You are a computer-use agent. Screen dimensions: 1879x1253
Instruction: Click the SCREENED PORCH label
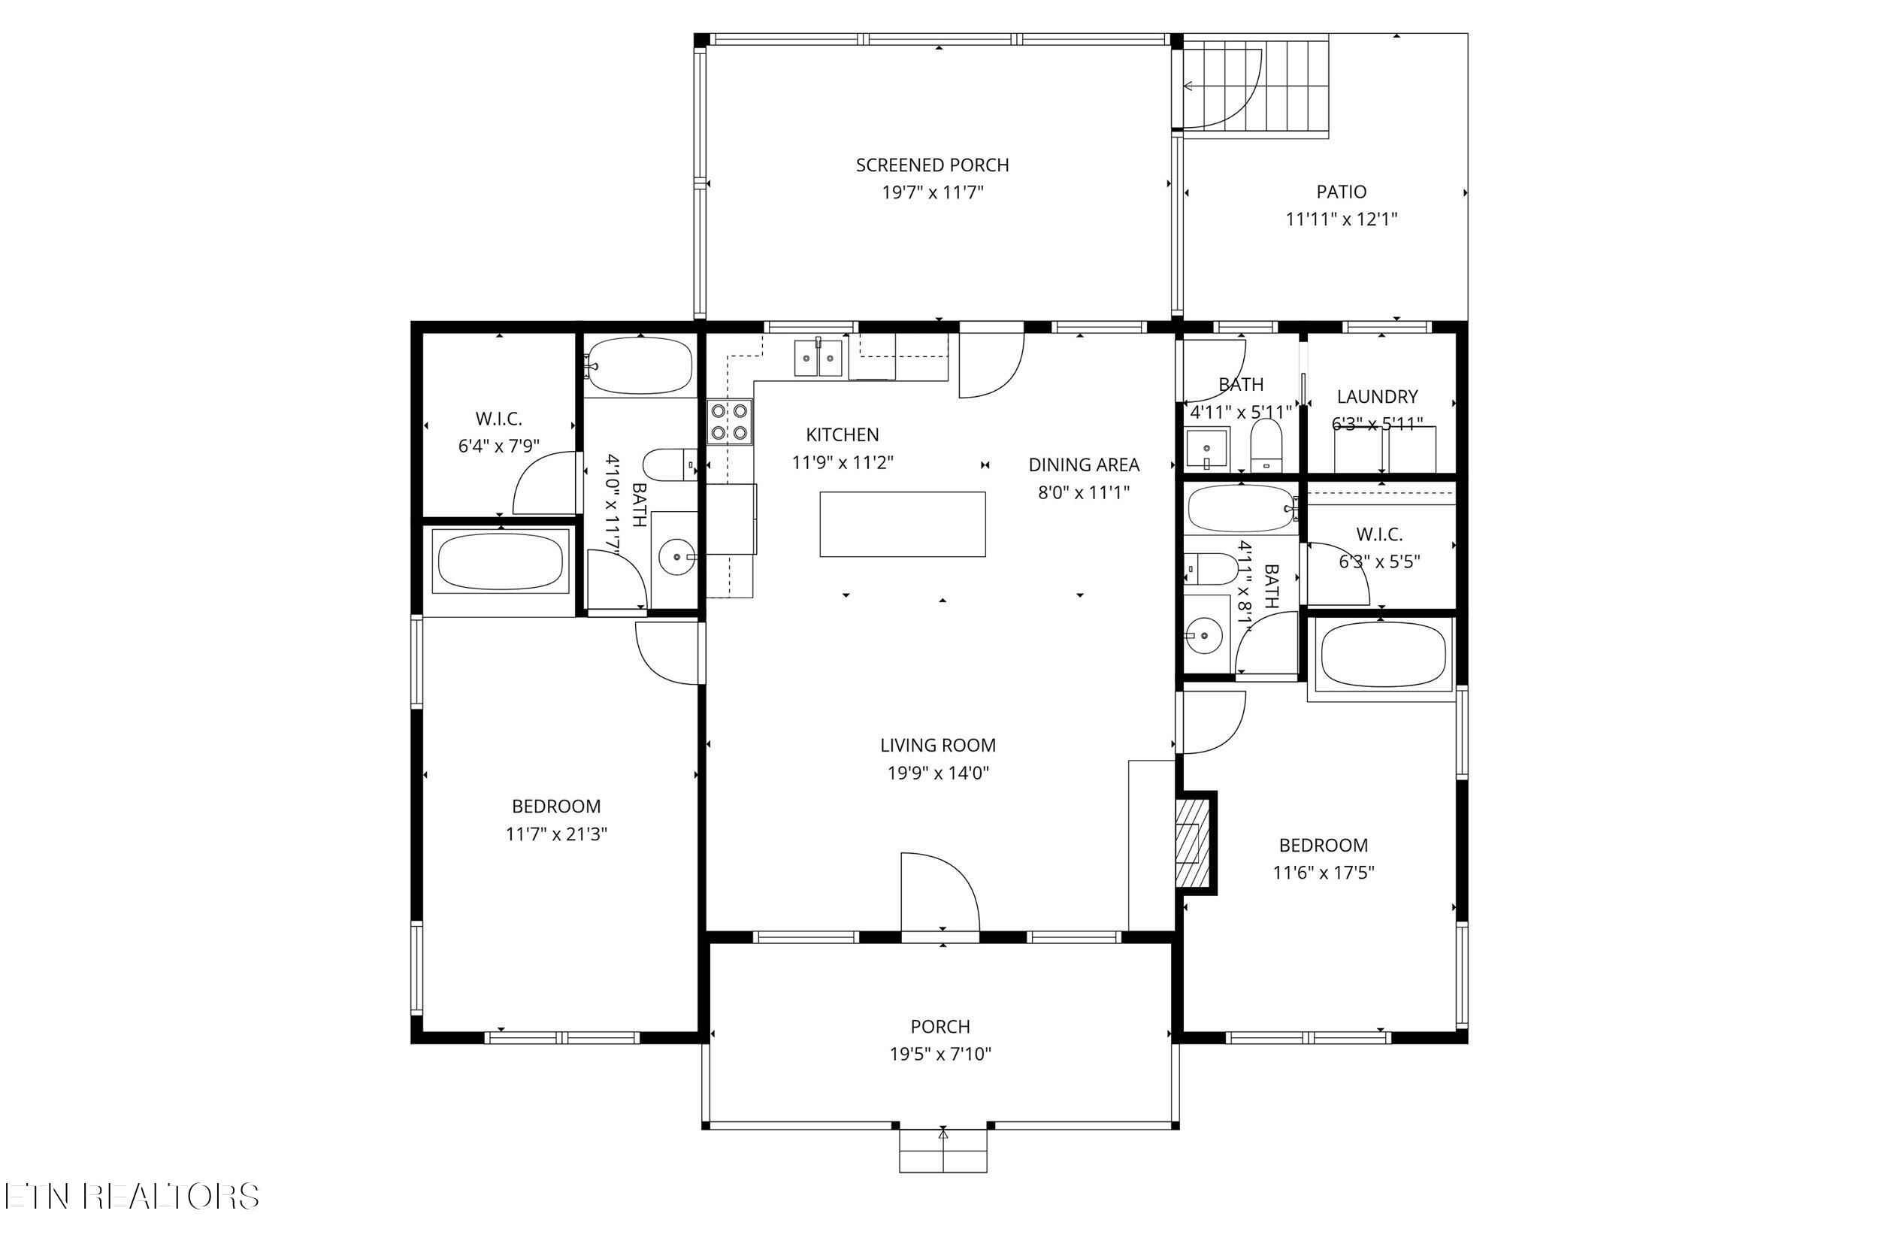[932, 165]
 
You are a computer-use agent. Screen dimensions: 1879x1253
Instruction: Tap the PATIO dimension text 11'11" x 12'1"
[1342, 219]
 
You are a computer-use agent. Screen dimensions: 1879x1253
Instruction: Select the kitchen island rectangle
[902, 524]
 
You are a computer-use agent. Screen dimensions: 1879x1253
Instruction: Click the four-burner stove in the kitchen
[729, 422]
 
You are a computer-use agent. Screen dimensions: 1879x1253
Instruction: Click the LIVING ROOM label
[938, 746]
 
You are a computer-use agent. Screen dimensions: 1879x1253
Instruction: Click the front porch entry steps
[943, 1150]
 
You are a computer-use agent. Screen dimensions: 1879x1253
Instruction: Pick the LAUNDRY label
[1377, 396]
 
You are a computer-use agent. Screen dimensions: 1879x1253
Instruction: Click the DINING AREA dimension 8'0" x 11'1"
[1083, 492]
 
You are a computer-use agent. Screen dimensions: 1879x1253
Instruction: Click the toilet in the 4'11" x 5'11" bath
[1266, 443]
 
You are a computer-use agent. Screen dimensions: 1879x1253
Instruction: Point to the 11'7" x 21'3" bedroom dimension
[556, 834]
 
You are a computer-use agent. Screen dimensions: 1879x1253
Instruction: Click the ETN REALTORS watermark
[131, 1197]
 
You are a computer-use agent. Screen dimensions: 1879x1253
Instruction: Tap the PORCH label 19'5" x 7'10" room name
[940, 1027]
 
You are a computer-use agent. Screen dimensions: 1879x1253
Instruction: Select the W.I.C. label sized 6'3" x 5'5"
[1379, 534]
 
